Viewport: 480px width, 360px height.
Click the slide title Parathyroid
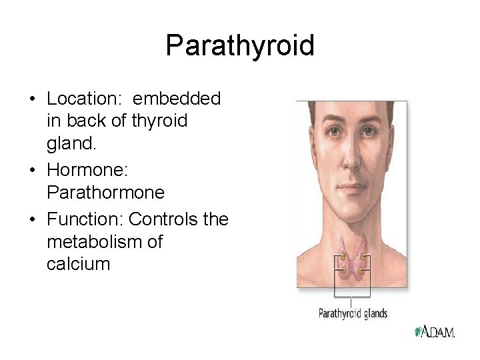(240, 46)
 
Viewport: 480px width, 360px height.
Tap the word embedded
(177, 99)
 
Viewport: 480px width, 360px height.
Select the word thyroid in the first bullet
(161, 121)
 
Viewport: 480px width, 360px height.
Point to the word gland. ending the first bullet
(69, 143)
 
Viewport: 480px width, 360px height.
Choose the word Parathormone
(105, 192)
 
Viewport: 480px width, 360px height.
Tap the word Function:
(85, 219)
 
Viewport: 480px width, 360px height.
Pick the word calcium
(78, 263)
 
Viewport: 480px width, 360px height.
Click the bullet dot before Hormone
(33, 171)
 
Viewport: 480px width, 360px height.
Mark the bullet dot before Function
(33, 220)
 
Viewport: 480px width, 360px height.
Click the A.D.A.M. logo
(435, 331)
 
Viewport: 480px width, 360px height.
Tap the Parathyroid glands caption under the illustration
(353, 313)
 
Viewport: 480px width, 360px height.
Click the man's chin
(353, 207)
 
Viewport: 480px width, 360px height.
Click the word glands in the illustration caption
(375, 313)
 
